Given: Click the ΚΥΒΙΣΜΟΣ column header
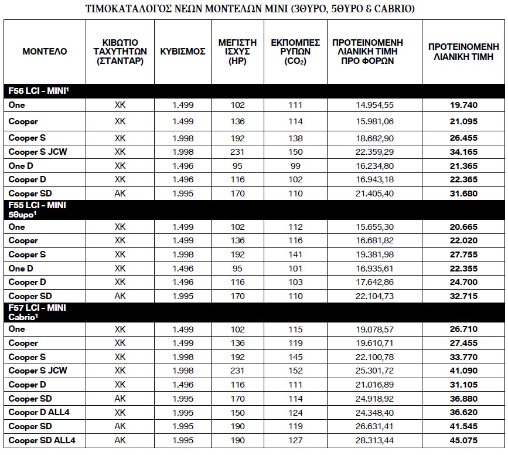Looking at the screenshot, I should pos(183,52).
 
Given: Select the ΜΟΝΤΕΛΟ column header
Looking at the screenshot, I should pos(45,52).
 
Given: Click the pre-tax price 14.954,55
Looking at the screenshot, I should pos(374,105).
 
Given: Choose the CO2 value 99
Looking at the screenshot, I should pos(295,166).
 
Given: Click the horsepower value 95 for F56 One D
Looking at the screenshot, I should pos(237,166).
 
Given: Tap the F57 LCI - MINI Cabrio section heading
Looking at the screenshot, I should pos(36,312).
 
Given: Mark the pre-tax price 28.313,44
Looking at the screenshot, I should pos(374,440).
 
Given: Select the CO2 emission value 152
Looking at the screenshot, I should pos(295,371).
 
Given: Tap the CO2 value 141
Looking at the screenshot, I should pos(295,254).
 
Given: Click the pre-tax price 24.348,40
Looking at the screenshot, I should pos(374,412).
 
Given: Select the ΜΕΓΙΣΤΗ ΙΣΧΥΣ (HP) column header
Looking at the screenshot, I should pos(237,52).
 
